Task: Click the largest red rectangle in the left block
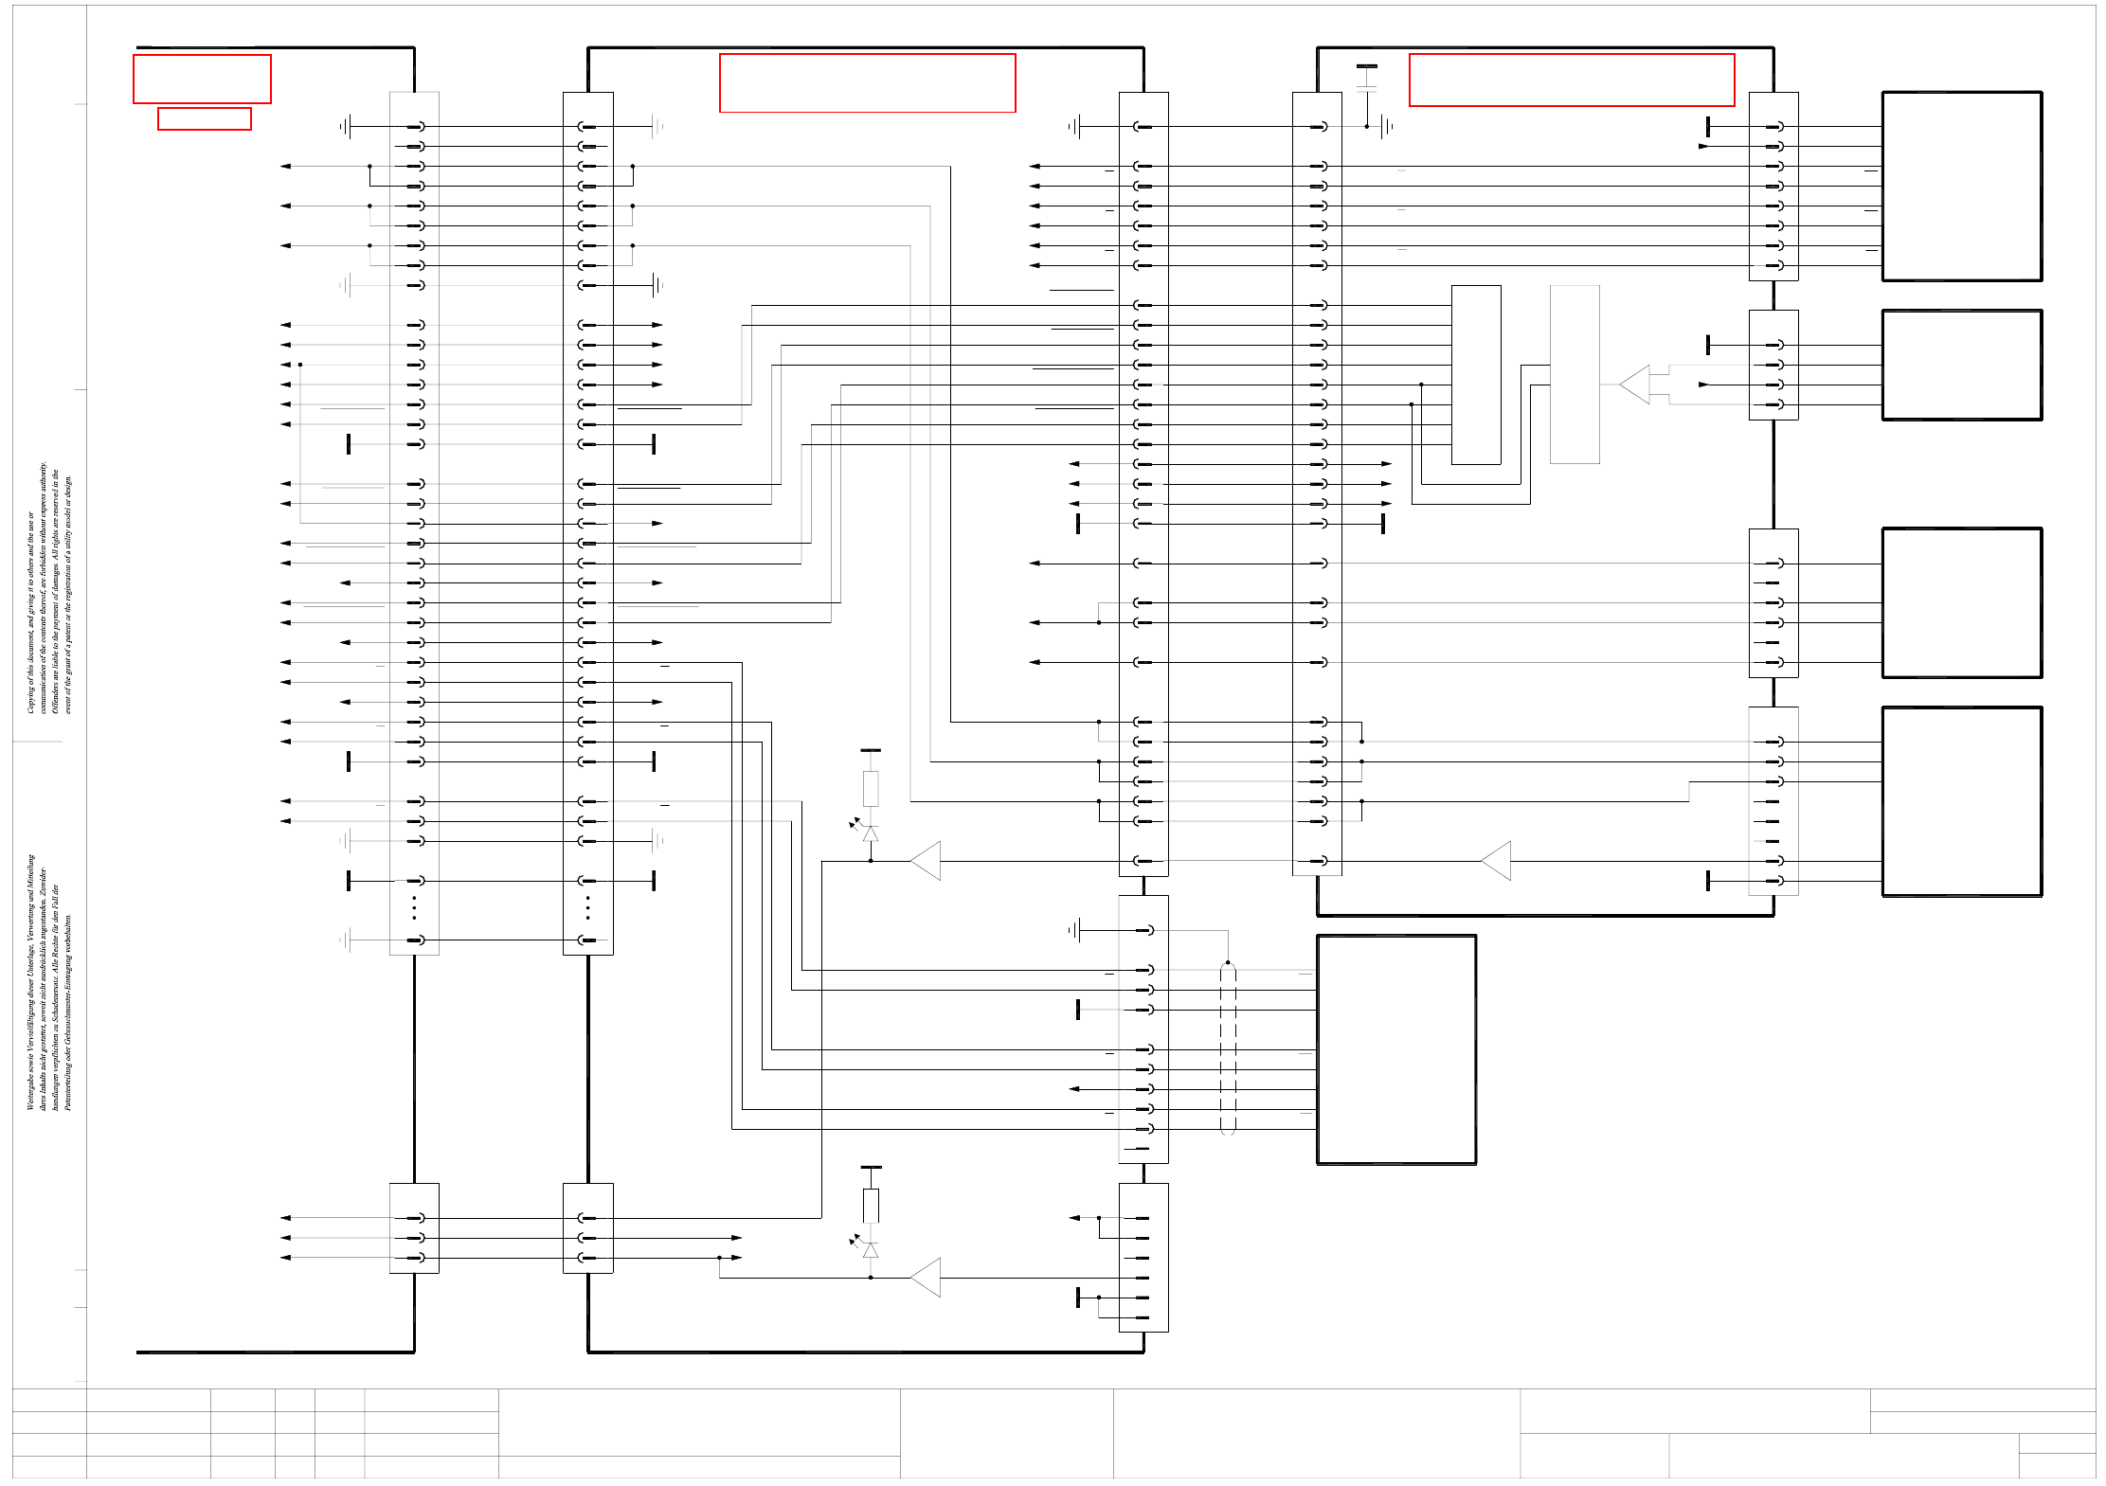pos(202,79)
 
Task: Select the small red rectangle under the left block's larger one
pos(204,118)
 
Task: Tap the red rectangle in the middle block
pos(867,83)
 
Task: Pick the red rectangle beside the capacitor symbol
pos(1571,80)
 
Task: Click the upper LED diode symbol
pos(870,833)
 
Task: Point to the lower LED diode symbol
pos(870,1250)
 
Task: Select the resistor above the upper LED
pos(871,788)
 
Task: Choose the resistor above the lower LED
pos(871,1206)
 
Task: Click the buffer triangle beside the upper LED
pos(927,861)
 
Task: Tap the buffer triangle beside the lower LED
pos(927,1278)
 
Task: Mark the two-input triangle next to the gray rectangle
pos(1636,385)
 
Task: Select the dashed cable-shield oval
pos(1228,1047)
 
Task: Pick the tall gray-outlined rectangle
pos(1575,374)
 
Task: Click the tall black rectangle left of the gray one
pos(1476,374)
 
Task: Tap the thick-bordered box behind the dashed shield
pos(1396,1049)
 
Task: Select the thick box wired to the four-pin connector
pos(1961,365)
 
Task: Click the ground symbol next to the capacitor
pos(1387,126)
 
